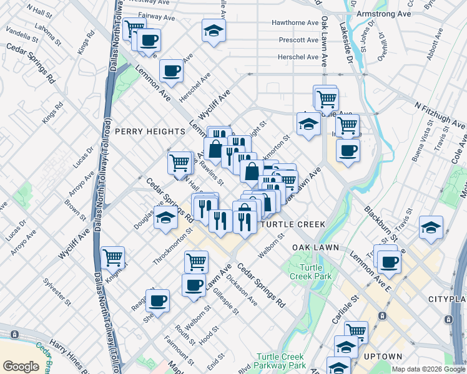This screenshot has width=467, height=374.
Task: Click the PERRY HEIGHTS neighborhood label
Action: pos(150,132)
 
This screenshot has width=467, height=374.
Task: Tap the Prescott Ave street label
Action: pos(299,40)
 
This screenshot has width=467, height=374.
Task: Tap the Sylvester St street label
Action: pos(54,290)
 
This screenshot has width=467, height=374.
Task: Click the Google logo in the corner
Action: pos(21,366)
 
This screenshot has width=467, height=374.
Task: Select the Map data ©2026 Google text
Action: pos(428,369)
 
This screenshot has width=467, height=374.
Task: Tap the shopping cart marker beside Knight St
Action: pos(112,256)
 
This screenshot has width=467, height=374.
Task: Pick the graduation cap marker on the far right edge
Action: pos(431,228)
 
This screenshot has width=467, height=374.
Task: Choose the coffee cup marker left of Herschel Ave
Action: pos(170,70)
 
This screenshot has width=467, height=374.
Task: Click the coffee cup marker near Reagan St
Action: pos(157,300)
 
